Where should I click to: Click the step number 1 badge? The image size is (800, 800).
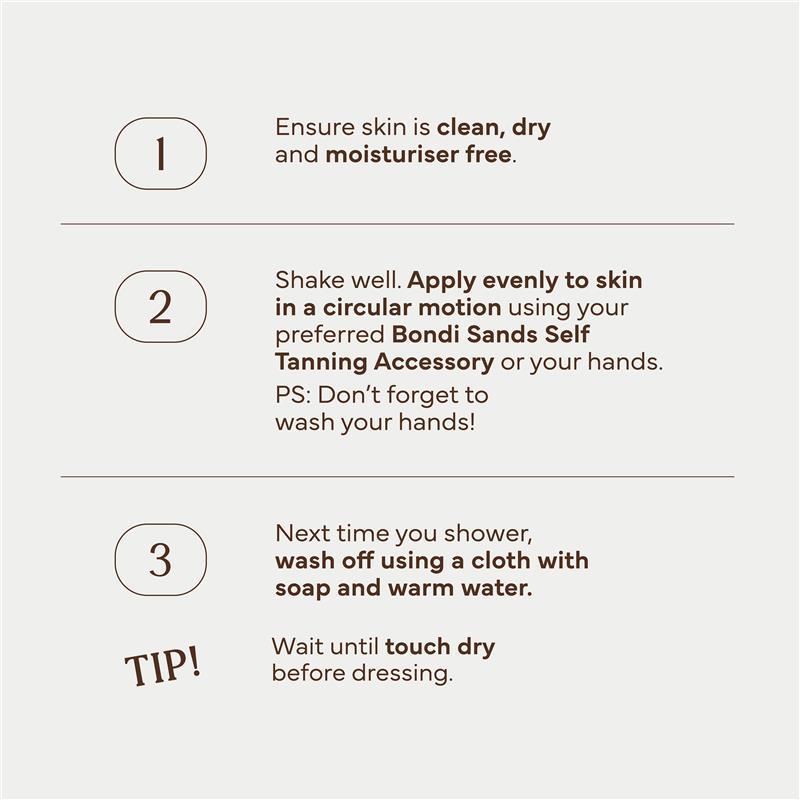coord(160,154)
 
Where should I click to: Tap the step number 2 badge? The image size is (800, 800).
coord(160,307)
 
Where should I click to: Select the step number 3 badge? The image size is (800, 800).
coord(160,560)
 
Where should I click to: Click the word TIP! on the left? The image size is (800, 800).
coord(163,666)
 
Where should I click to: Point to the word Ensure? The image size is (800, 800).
coord(315,127)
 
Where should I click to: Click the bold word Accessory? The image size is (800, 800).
coord(434,363)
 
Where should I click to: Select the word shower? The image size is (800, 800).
coord(487,534)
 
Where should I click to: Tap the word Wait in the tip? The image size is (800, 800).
coord(296,646)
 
